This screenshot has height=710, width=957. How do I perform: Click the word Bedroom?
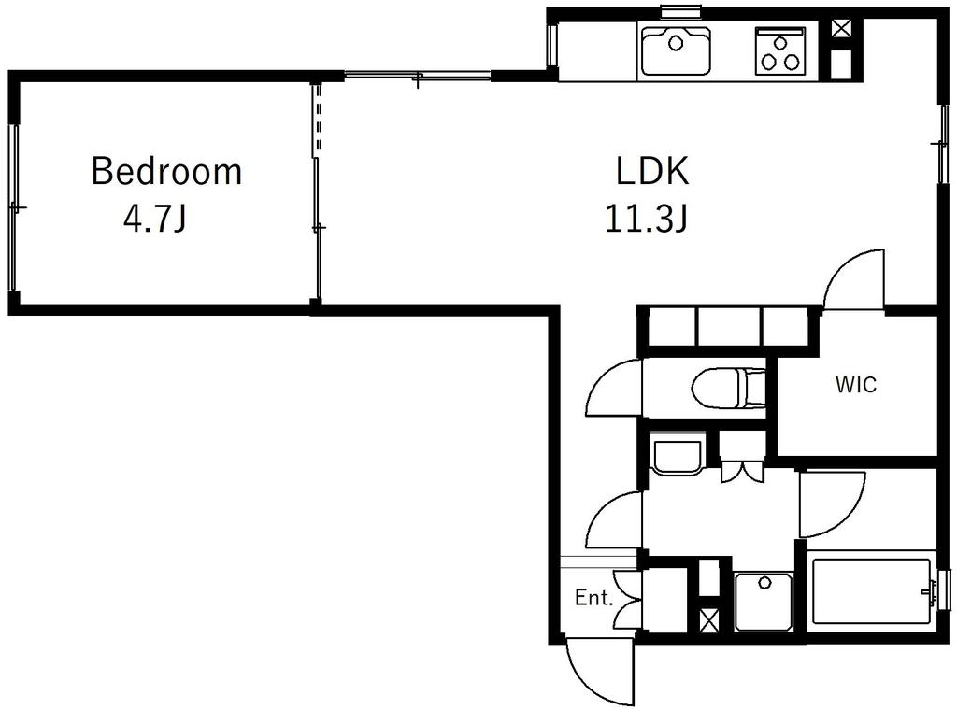tap(166, 171)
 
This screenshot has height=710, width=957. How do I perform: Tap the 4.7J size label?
tap(154, 219)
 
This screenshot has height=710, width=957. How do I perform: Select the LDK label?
tap(651, 171)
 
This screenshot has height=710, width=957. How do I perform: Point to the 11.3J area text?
tap(647, 219)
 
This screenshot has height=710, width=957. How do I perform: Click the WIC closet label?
tap(856, 385)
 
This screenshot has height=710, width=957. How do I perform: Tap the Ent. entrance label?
tap(593, 598)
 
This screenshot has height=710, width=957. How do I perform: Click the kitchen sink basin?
tap(676, 50)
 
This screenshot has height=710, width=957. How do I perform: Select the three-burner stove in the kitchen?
tap(780, 51)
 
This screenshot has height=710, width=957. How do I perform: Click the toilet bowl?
tap(727, 388)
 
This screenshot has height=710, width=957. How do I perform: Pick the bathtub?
tap(871, 590)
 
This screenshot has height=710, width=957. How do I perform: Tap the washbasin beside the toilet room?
tap(678, 454)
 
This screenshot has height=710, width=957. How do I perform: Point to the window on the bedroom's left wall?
tap(13, 207)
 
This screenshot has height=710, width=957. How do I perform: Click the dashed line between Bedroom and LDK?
tap(318, 119)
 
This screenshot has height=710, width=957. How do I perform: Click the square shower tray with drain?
tap(764, 602)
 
